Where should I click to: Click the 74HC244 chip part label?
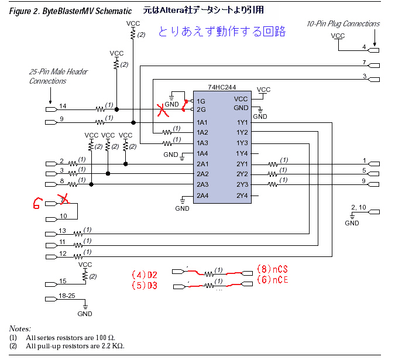[x=222, y=87]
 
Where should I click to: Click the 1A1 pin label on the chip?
[x=202, y=123]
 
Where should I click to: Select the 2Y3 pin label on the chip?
[x=242, y=184]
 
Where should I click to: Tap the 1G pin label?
[x=201, y=101]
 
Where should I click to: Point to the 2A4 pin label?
[x=202, y=196]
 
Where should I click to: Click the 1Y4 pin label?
[x=242, y=154]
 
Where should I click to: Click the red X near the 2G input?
[x=163, y=111]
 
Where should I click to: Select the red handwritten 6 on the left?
[x=37, y=204]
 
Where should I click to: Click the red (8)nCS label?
[x=272, y=269]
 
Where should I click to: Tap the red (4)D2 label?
[x=145, y=275]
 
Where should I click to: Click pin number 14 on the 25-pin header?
[x=63, y=106]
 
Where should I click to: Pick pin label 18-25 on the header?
[x=67, y=296]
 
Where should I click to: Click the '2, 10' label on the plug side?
[x=359, y=207]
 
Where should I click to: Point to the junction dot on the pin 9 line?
[x=133, y=123]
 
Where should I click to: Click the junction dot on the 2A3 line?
[x=91, y=184]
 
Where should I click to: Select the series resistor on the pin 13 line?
[x=78, y=234]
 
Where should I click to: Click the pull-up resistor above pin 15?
[x=85, y=275]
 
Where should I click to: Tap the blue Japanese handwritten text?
[x=222, y=32]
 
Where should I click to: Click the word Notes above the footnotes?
[x=20, y=329]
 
